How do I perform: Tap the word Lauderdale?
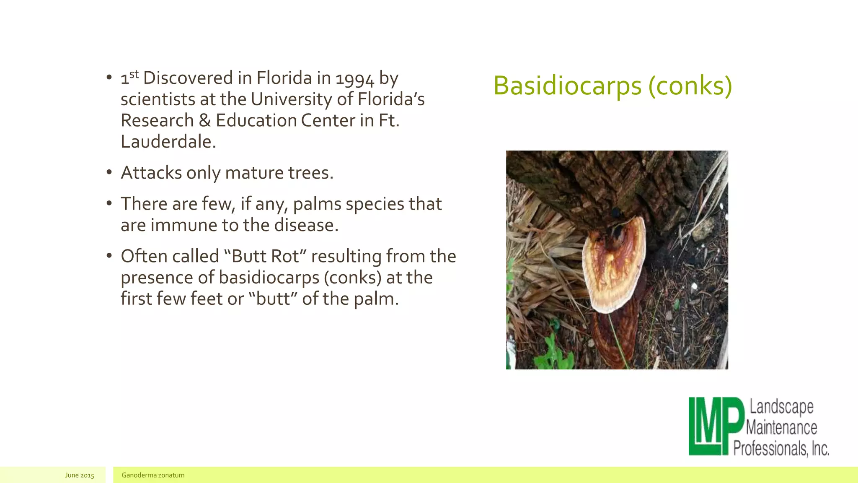(168, 142)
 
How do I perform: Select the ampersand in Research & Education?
(204, 121)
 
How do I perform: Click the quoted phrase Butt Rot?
(266, 256)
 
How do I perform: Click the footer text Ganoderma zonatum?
(153, 475)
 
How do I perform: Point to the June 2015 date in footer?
(80, 475)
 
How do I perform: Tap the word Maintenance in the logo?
(782, 428)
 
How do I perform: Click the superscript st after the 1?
(134, 74)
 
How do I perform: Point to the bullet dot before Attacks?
(109, 172)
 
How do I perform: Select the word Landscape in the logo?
(781, 407)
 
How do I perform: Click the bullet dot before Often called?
(109, 256)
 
